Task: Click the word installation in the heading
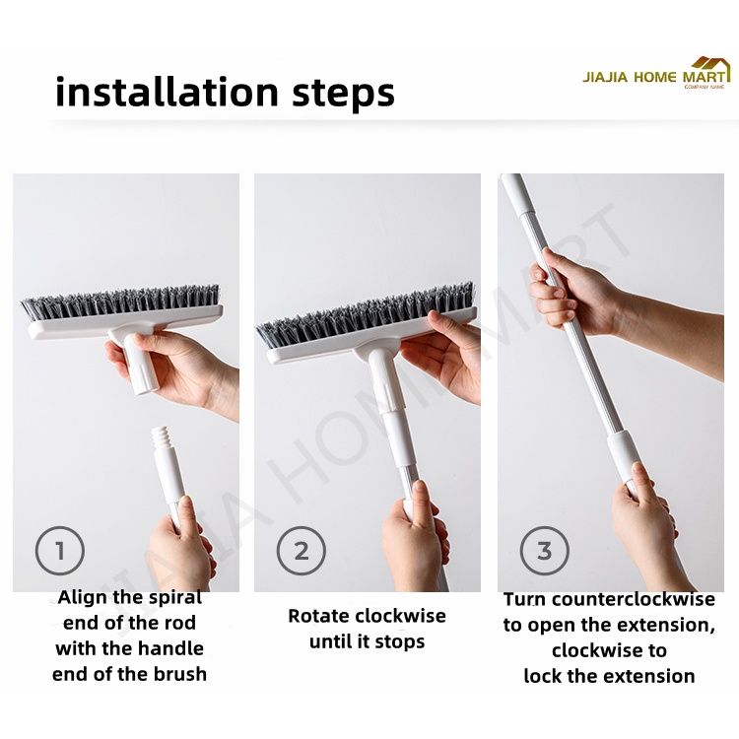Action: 167,92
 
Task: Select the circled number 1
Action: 60,551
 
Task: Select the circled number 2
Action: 302,551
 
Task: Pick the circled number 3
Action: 544,551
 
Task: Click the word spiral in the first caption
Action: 174,598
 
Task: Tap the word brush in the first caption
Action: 181,674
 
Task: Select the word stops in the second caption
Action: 402,642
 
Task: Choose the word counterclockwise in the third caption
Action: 634,599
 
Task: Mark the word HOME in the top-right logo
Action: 654,77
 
